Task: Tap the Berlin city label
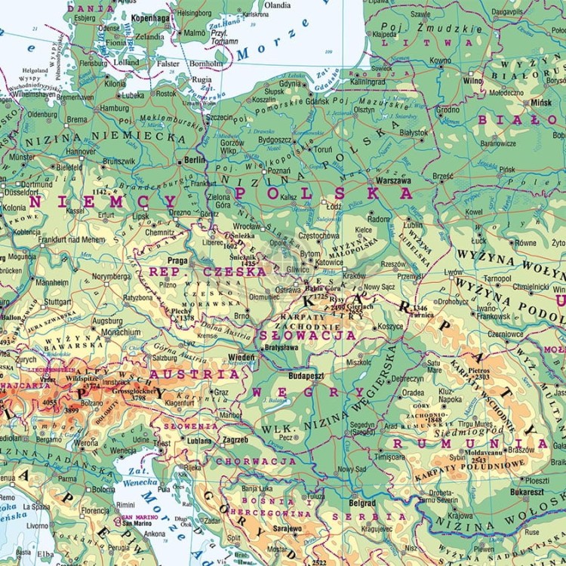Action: (194, 161)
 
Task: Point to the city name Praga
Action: (178, 260)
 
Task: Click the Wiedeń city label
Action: (241, 356)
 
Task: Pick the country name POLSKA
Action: (325, 193)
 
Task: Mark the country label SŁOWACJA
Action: (307, 334)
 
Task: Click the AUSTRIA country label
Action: (195, 374)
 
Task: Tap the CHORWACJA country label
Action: (256, 460)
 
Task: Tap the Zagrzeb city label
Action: (235, 440)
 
